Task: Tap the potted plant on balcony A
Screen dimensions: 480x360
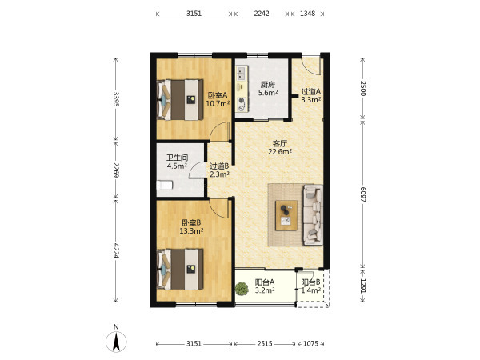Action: (242, 290)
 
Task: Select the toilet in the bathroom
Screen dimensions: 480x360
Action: (164, 186)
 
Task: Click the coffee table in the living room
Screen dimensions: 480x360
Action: (286, 215)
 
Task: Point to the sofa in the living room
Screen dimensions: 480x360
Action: (313, 214)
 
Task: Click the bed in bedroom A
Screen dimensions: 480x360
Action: (180, 100)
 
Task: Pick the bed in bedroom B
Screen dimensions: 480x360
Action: (180, 269)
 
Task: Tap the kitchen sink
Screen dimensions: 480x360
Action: (242, 73)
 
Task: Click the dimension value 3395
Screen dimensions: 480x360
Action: (116, 99)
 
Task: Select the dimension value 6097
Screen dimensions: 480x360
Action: (362, 194)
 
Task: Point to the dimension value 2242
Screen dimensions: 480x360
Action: (262, 14)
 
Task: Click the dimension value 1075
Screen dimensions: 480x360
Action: (310, 344)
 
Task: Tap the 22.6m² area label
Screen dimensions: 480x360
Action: (280, 151)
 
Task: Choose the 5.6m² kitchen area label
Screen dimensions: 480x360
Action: (268, 93)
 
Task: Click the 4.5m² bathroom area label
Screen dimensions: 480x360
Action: (177, 166)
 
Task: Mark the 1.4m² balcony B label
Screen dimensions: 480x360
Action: (311, 290)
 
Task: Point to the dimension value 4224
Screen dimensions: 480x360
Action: (116, 250)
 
